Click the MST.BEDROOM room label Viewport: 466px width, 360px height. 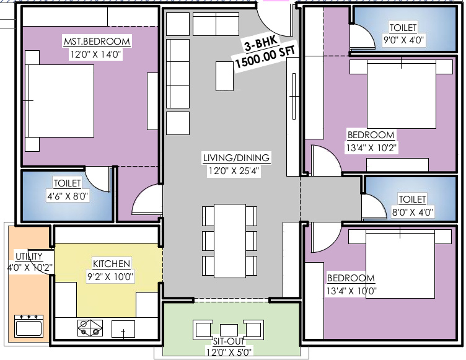click(97, 42)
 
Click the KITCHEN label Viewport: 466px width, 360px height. click(112, 263)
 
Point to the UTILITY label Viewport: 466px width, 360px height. click(29, 257)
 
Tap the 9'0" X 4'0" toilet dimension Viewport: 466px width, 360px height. click(403, 40)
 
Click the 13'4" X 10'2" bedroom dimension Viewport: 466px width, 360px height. click(371, 147)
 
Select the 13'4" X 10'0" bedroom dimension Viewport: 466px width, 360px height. click(351, 290)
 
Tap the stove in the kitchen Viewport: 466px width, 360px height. click(90, 327)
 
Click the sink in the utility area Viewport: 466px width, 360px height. click(28, 326)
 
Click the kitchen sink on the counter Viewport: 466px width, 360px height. click(123, 330)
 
